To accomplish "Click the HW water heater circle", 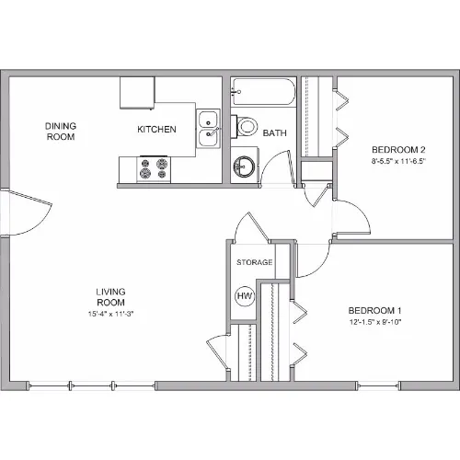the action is pyautogui.click(x=245, y=296).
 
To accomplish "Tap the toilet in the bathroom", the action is pyautogui.click(x=245, y=126).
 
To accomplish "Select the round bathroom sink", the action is pyautogui.click(x=243, y=167).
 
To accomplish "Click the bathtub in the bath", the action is pyautogui.click(x=263, y=92).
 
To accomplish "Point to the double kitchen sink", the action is pyautogui.click(x=208, y=129).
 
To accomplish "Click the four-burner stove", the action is pyautogui.click(x=154, y=169).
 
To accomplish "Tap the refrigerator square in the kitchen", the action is pyautogui.click(x=137, y=93).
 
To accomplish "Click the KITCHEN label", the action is pyautogui.click(x=156, y=130).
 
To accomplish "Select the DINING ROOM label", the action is pyautogui.click(x=61, y=132).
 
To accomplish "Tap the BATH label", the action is pyautogui.click(x=275, y=133).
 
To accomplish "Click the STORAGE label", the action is pyautogui.click(x=255, y=262).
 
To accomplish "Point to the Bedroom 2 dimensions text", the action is pyautogui.click(x=399, y=161).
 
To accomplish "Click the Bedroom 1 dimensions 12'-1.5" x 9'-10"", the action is pyautogui.click(x=375, y=322).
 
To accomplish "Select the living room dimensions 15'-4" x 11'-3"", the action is pyautogui.click(x=110, y=314).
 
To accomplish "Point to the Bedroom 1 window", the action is pyautogui.click(x=378, y=385).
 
